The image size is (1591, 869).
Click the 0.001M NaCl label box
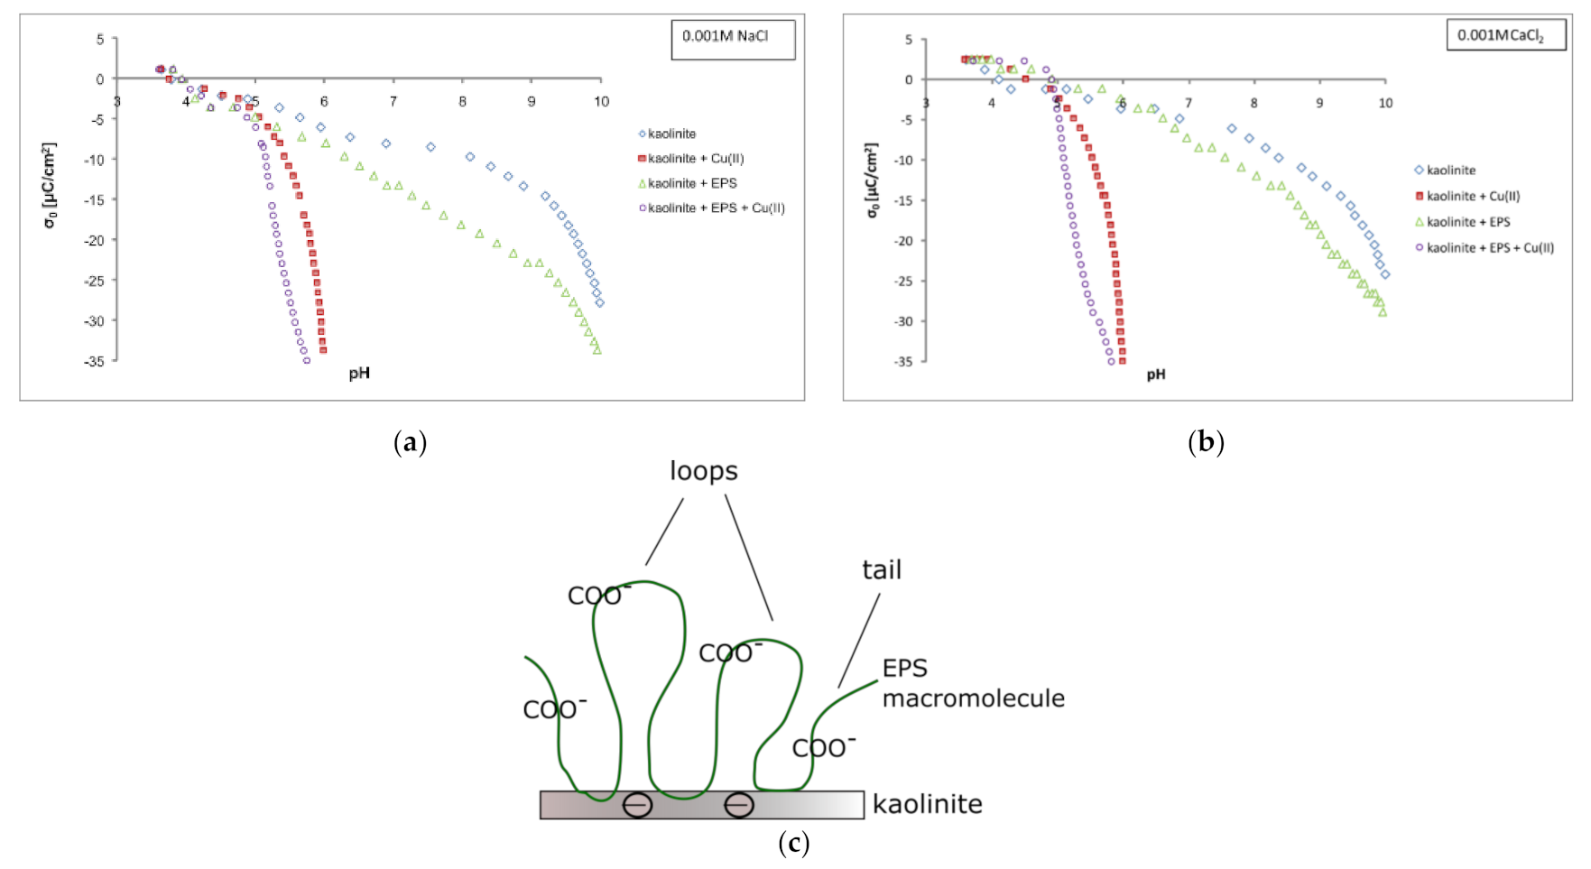pos(733,38)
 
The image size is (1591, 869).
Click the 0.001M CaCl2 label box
pos(1505,35)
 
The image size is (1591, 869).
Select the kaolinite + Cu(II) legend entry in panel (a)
pos(696,159)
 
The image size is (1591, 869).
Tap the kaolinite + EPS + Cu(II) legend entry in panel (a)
pos(716,208)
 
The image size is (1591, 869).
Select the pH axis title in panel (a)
pos(359,374)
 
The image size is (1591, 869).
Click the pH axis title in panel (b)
pos(1156,374)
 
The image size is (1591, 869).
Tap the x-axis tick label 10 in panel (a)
pos(601,102)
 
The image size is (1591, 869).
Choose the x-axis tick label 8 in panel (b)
pos(1253,103)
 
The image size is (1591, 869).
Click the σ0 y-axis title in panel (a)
pos(51,185)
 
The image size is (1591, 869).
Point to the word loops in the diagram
pos(704,471)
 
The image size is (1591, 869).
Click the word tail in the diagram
pos(881,570)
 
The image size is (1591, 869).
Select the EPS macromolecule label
pos(972,683)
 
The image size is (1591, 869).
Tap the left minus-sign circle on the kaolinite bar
pos(637,804)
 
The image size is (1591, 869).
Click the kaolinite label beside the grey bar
pos(927,804)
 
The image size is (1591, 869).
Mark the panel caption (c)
pos(793,844)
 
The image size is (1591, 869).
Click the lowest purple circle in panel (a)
pos(307,361)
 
